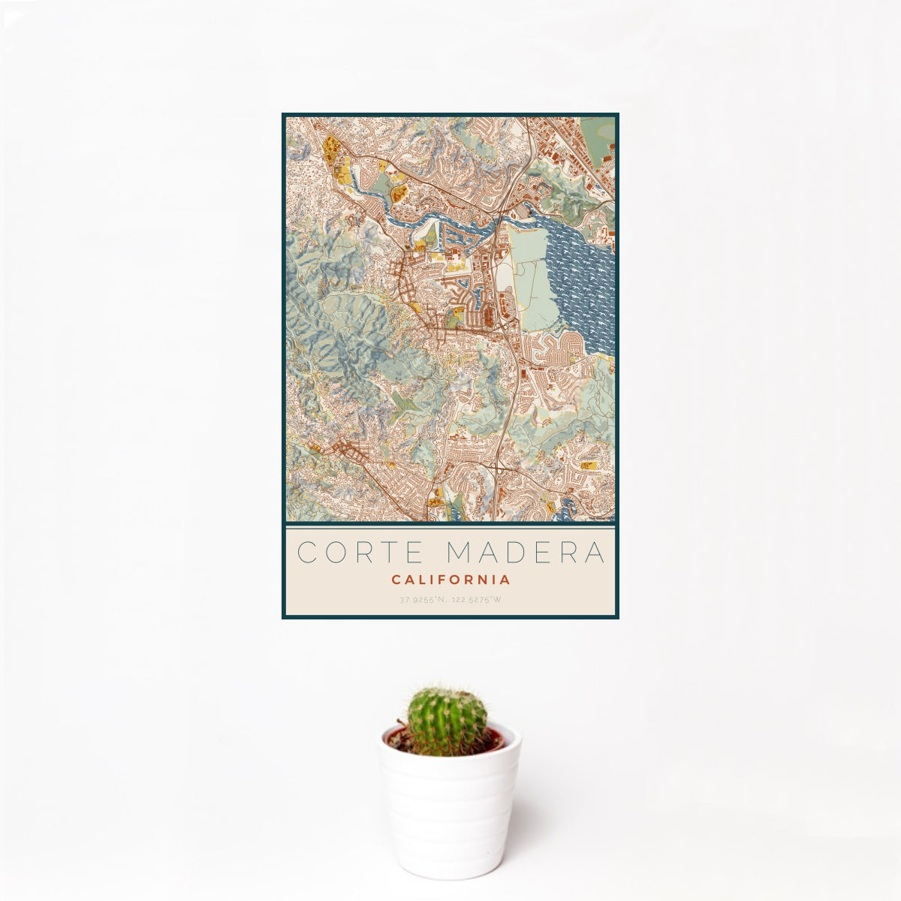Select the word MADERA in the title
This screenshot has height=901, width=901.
pos(526,552)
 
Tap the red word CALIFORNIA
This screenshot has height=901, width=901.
pos(450,580)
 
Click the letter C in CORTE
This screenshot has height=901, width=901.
pos(308,552)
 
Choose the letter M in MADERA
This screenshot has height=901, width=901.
pos(461,552)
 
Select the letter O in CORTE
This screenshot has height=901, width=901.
pos(336,552)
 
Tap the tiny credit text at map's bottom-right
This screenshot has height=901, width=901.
pos(601,517)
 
